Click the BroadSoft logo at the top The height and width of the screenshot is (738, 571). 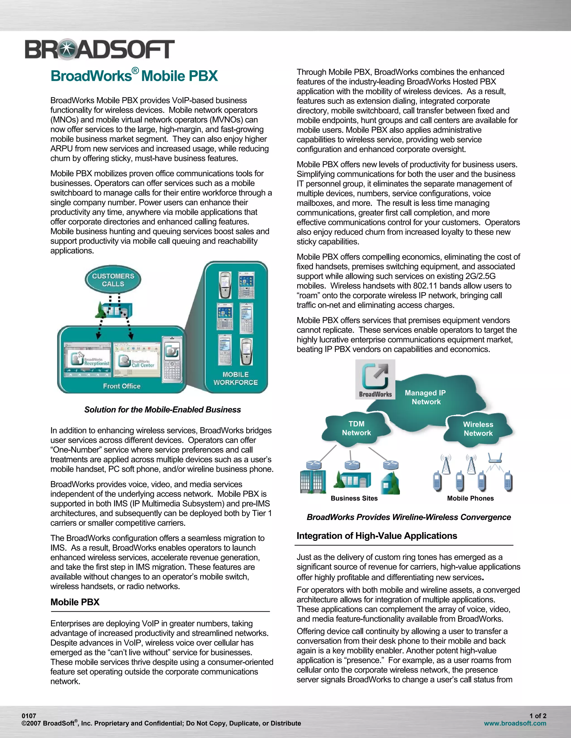(100, 49)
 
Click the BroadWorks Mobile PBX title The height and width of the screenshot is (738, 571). (134, 76)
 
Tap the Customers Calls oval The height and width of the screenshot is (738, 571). (113, 280)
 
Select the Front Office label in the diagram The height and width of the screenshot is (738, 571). (122, 386)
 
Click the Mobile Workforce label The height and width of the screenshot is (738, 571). (235, 378)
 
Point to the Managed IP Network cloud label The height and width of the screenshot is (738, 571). (425, 397)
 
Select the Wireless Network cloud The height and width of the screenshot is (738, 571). (478, 429)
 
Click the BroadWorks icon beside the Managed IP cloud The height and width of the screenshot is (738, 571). (375, 379)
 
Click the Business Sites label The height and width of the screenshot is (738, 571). (354, 498)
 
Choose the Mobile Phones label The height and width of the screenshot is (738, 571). (470, 498)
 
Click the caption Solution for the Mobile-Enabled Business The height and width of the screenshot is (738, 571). (162, 410)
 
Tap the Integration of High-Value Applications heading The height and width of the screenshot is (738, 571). (376, 536)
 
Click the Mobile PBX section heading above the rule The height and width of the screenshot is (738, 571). (75, 602)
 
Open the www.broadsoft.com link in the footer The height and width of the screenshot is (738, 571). (515, 723)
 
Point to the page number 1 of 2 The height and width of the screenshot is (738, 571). (538, 716)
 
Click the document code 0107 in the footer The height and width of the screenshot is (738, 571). (29, 716)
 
